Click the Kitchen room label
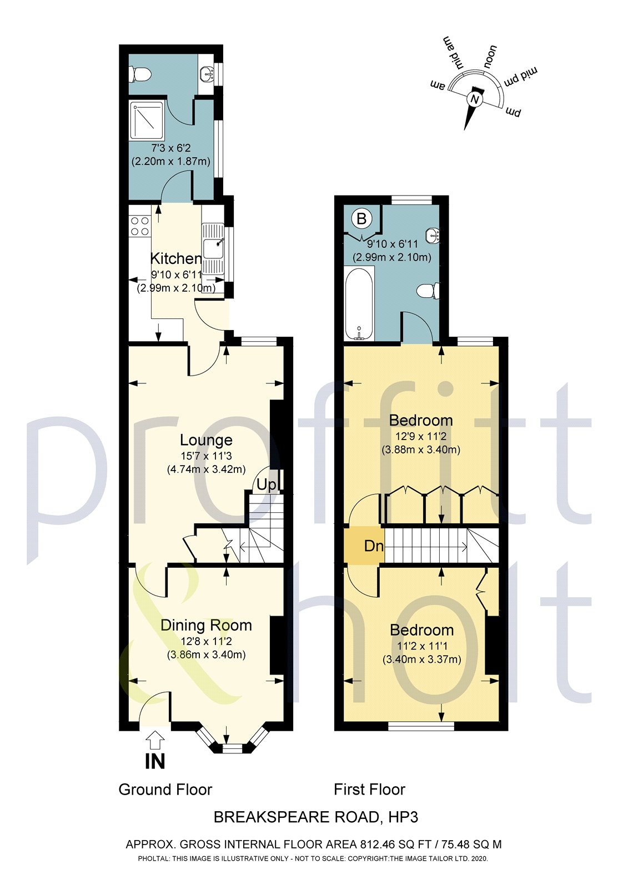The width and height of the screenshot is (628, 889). click(x=175, y=258)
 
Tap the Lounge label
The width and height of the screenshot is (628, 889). click(x=206, y=440)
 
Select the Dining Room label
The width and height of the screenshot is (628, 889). click(x=206, y=625)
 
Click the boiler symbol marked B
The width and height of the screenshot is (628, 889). click(x=361, y=218)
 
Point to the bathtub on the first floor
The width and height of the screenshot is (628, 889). click(x=359, y=303)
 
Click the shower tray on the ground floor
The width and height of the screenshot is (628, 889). click(x=147, y=120)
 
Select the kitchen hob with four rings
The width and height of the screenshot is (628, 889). click(x=139, y=226)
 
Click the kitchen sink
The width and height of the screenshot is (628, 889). click(x=213, y=248)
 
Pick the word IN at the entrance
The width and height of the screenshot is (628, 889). click(x=155, y=761)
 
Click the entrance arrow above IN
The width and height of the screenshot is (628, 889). click(x=155, y=740)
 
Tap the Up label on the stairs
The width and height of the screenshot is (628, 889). click(x=267, y=485)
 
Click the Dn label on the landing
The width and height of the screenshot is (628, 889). click(x=374, y=546)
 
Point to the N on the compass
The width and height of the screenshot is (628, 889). click(x=474, y=99)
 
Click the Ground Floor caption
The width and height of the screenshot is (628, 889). click(x=165, y=790)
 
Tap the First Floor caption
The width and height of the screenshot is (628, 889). click(x=369, y=790)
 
